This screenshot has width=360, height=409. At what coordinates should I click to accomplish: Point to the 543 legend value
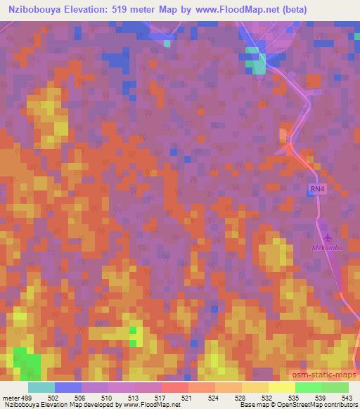[x=345, y=397]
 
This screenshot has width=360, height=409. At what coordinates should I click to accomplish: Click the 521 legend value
[x=188, y=397]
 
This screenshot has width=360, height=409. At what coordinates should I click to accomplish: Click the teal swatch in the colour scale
[x=41, y=387]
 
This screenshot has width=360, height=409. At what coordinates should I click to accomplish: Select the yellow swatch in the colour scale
[x=282, y=387]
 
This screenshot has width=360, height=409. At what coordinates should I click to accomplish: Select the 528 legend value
[x=240, y=397]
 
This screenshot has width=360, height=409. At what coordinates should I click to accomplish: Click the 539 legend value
[x=319, y=397]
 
